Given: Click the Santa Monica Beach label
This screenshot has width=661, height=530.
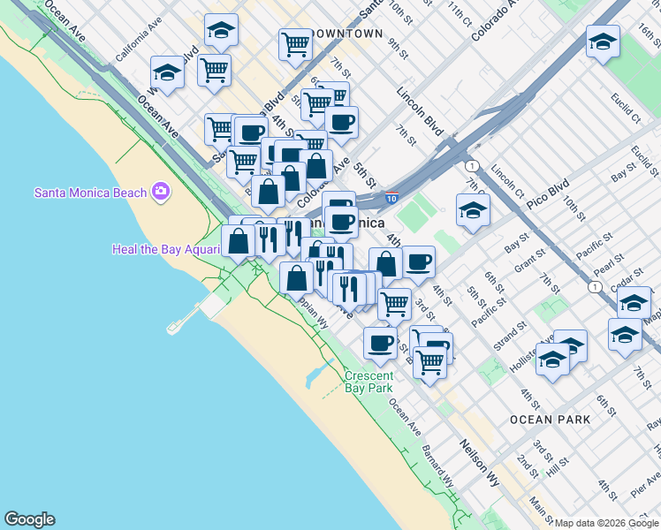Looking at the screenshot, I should coord(90,193).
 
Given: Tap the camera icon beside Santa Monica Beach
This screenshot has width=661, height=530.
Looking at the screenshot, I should coord(161,191).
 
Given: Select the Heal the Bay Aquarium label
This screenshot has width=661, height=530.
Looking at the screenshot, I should coord(164,249).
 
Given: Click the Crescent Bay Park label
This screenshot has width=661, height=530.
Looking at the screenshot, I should coord(368,382).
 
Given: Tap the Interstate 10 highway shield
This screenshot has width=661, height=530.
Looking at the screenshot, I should coord(391,200).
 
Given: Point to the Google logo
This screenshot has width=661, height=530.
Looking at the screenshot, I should coord(29,519).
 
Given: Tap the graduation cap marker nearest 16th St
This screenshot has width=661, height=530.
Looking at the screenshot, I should coord(603,42).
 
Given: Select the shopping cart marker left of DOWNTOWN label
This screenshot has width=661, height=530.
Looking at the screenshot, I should coord(295,42).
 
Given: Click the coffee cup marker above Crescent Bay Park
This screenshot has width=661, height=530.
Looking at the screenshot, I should coord(380,343).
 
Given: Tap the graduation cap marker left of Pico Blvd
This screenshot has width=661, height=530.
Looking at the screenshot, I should coord(473,210).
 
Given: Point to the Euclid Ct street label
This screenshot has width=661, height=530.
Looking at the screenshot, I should coord(626,113).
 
